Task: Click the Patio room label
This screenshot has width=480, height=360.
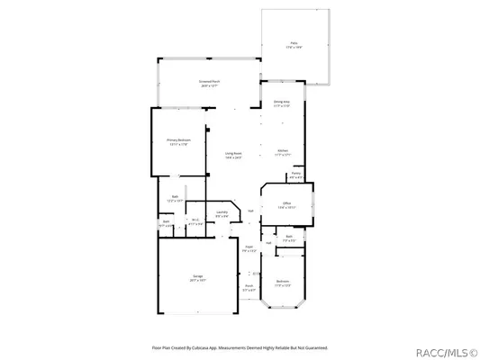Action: pyautogui.click(x=294, y=43)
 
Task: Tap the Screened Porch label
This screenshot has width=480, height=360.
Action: pyautogui.click(x=210, y=83)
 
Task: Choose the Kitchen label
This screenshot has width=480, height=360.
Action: pyautogui.click(x=282, y=150)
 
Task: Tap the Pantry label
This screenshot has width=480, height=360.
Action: pyautogui.click(x=295, y=175)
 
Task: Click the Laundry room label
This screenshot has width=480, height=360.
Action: pyautogui.click(x=221, y=212)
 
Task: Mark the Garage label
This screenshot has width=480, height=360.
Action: pyautogui.click(x=196, y=276)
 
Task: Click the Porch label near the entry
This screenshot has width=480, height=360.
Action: pyautogui.click(x=249, y=287)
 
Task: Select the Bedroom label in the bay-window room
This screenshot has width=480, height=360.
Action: pyautogui.click(x=284, y=280)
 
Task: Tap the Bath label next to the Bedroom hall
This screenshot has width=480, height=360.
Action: pyautogui.click(x=290, y=238)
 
